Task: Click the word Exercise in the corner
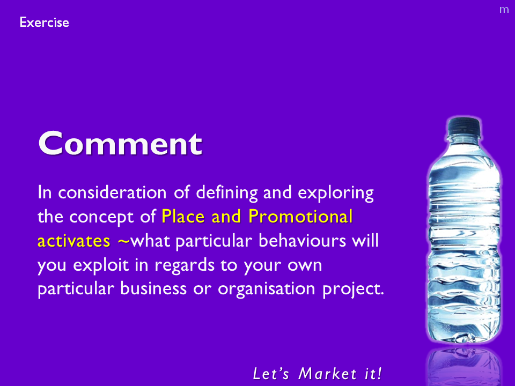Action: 45,23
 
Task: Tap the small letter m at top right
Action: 504,10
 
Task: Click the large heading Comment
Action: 120,143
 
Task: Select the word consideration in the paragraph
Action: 112,192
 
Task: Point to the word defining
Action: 227,193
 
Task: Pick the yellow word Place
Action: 183,217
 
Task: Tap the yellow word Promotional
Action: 300,217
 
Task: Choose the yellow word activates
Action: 74,241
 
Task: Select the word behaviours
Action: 302,241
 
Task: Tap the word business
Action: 153,289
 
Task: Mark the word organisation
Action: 267,289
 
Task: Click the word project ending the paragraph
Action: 353,289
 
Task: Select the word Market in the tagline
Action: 327,374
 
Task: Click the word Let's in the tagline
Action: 271,374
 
